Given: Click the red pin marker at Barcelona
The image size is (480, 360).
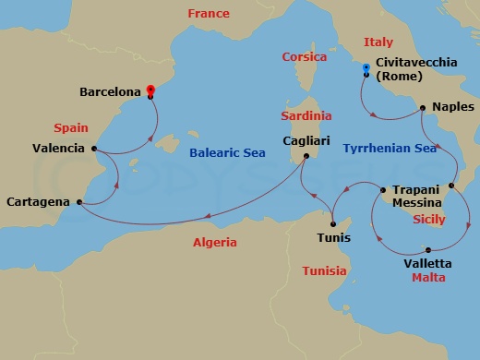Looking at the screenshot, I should coord(150,90).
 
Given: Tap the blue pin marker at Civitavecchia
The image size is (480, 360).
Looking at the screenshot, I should coord(366,67).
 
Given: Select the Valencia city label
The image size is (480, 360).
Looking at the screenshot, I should coord(58,148).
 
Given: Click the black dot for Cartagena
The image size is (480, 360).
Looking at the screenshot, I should coord(79,201).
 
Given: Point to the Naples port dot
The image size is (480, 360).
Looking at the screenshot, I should coord(423,108).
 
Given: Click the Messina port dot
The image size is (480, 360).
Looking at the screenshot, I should coord(450,186).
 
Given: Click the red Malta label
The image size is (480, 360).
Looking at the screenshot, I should coord(429,277).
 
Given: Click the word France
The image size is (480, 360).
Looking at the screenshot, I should coord(209,14).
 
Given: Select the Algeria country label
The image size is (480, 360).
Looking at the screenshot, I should coord(215,243).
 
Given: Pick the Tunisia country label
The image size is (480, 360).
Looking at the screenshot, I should coord(325,270).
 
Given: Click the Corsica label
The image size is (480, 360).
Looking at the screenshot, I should coord(304,57).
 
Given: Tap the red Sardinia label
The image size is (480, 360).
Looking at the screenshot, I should coord(306,117).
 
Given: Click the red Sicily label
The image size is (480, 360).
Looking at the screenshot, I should coord(428,220).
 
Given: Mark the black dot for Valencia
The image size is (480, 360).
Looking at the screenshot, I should coord(94,148).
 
